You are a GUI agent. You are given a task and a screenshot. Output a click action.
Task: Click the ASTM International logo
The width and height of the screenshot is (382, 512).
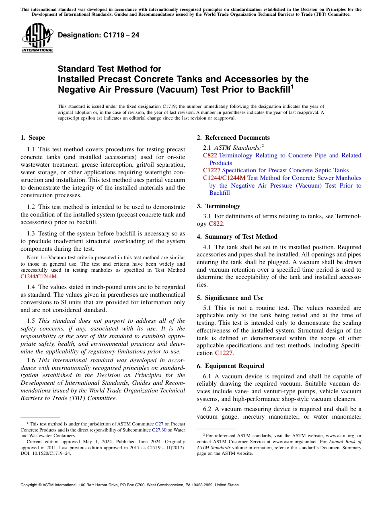coord(37,38)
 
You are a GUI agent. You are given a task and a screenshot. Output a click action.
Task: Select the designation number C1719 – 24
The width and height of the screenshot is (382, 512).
coord(99,35)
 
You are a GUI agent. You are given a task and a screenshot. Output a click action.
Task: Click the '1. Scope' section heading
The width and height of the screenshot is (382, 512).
coord(33,138)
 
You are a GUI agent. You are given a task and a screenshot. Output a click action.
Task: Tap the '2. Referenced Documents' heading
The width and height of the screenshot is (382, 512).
coord(233,138)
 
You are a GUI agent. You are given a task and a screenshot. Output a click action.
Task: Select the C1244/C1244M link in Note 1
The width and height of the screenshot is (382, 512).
coord(39,277)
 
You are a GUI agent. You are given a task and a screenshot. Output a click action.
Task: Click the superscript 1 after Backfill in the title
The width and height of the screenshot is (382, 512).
coord(292,86)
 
